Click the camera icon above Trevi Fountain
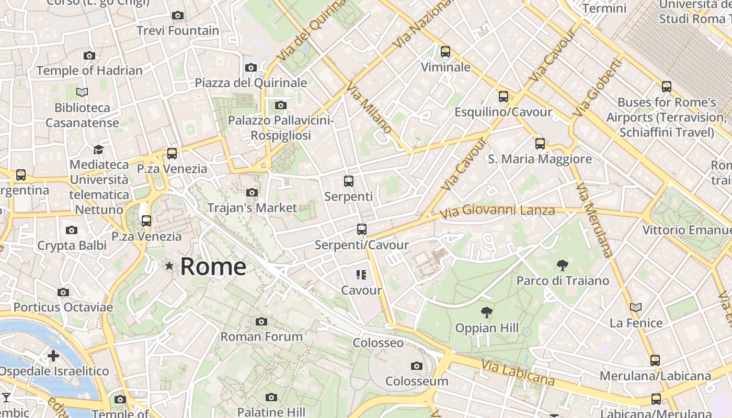click(x=178, y=15)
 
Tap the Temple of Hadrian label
click(x=89, y=71)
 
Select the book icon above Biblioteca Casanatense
click(x=82, y=92)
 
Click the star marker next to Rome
click(x=169, y=266)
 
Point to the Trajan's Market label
click(x=252, y=207)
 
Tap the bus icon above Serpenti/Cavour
click(x=361, y=229)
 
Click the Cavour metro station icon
click(x=361, y=274)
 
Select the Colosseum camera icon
click(x=417, y=366)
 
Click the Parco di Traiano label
click(x=563, y=281)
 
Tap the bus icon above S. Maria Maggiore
click(x=540, y=143)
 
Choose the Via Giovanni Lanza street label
click(x=497, y=212)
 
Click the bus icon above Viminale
click(x=445, y=52)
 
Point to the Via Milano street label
click(x=370, y=109)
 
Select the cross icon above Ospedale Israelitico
click(x=53, y=356)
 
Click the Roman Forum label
click(x=261, y=336)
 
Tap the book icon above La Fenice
click(x=636, y=308)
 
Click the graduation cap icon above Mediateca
click(x=98, y=149)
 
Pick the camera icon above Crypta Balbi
click(x=72, y=230)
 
